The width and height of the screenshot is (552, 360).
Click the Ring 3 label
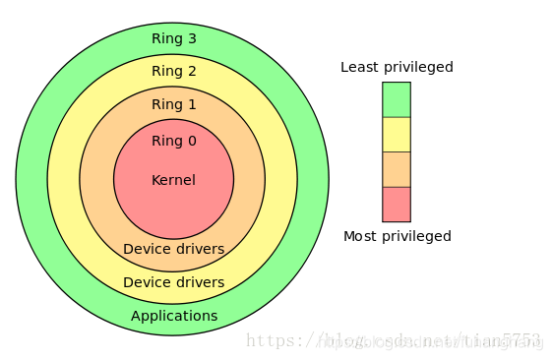(x=173, y=39)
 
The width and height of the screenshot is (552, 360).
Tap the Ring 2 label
(x=173, y=71)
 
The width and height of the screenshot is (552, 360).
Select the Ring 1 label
(x=173, y=104)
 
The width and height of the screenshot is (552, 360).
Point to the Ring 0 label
(x=173, y=141)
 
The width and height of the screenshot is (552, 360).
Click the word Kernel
(x=173, y=180)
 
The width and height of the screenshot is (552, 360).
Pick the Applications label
(x=174, y=316)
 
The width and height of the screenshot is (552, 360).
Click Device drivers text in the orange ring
(x=173, y=249)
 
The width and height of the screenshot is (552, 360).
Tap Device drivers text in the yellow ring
(x=173, y=282)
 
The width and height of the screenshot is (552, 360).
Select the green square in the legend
(x=397, y=99)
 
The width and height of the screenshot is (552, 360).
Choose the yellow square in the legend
(x=397, y=135)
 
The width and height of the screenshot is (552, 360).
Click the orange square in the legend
(x=397, y=169)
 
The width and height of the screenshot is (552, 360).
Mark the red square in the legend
(x=397, y=204)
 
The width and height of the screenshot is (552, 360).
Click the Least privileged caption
(x=397, y=68)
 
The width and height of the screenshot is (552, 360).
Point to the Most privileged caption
(x=397, y=236)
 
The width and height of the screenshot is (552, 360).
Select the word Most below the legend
(x=359, y=236)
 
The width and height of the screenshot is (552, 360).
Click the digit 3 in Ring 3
(x=192, y=39)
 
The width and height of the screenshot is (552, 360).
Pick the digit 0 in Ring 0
(x=192, y=141)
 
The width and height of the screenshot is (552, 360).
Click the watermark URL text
(x=394, y=341)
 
